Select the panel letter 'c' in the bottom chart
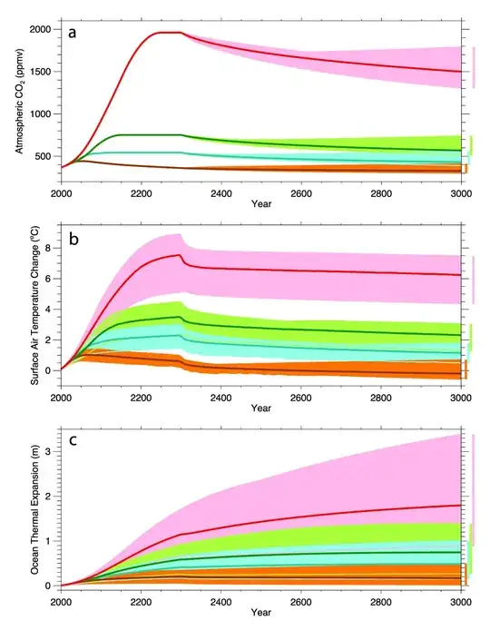pyautogui.click(x=73, y=444)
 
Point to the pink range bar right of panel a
pyautogui.click(x=473, y=68)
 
